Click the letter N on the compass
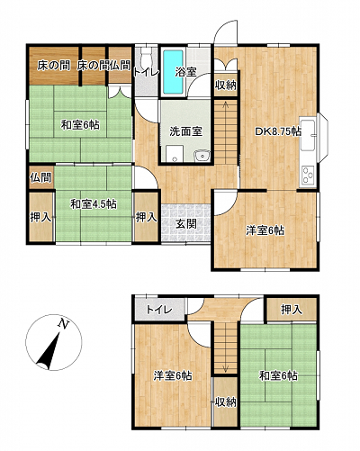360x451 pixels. pyautogui.click(x=63, y=323)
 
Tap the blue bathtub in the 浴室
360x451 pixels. pyautogui.click(x=173, y=72)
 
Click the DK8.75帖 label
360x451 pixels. pyautogui.click(x=278, y=131)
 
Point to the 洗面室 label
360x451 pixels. pyautogui.click(x=186, y=131)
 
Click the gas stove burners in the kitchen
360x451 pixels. pyautogui.click(x=308, y=175)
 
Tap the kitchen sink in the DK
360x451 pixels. pyautogui.click(x=308, y=135)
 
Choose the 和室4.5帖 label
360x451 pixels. pyautogui.click(x=94, y=204)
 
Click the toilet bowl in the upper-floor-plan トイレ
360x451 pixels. pyautogui.click(x=147, y=57)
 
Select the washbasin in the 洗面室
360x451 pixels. pyautogui.click(x=202, y=156)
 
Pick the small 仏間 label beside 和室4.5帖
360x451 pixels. pyautogui.click(x=41, y=177)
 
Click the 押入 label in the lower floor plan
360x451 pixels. pyautogui.click(x=292, y=310)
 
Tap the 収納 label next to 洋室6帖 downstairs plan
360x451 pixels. pyautogui.click(x=226, y=402)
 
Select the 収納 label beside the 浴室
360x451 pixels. pyautogui.click(x=226, y=86)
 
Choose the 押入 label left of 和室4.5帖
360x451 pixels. pyautogui.click(x=40, y=218)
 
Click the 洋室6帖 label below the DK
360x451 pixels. pyautogui.click(x=265, y=230)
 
